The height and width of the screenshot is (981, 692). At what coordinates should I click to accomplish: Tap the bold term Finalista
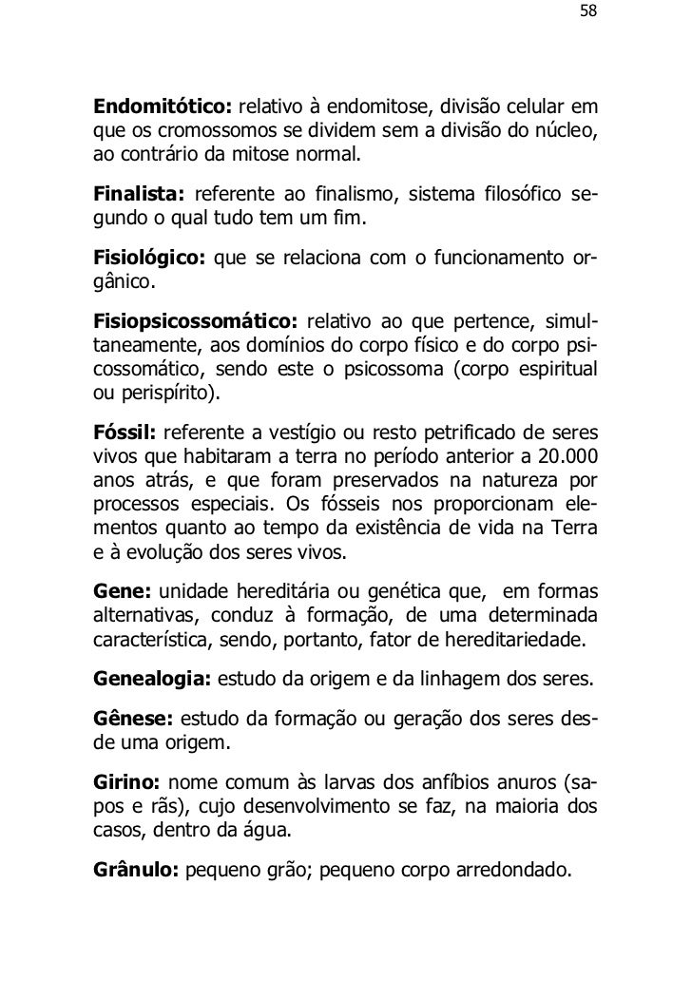pos(138,196)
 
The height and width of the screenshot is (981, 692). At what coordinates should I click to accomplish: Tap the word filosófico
pos(518,196)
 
